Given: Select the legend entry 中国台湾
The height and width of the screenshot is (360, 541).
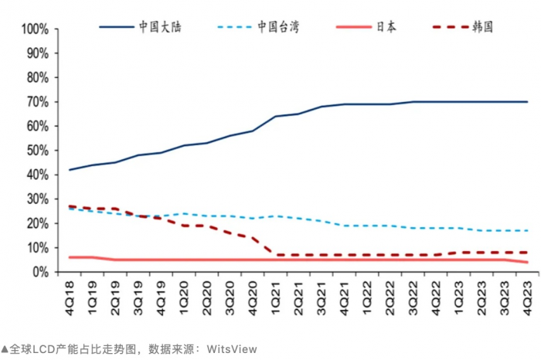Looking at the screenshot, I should tap(279, 27).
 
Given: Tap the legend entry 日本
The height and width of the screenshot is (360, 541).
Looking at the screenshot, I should tap(387, 27).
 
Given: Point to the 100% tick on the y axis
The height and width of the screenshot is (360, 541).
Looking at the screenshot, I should tap(36, 29).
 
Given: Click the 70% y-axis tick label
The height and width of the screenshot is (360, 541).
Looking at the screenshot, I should tap(39, 102).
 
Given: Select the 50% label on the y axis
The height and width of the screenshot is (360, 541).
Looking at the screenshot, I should tap(39, 151).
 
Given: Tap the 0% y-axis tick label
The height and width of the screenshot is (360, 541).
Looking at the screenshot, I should tap(42, 272).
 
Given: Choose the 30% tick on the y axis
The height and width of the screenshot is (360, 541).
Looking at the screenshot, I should tap(39, 199).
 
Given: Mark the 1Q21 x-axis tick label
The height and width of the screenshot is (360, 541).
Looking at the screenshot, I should tap(276, 296).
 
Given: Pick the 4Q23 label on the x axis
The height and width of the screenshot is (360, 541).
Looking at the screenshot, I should tap(527, 296).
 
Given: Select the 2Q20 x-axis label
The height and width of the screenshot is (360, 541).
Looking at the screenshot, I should tap(207, 296).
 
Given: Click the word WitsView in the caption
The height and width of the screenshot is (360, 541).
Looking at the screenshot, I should tap(231, 349).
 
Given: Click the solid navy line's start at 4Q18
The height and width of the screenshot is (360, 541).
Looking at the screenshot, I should tap(70, 170).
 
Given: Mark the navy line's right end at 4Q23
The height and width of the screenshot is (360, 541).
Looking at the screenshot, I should tap(527, 102).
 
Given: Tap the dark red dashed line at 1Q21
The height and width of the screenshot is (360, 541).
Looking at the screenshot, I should tap(276, 255).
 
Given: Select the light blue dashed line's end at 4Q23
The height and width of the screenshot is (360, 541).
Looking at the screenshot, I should tap(527, 231).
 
